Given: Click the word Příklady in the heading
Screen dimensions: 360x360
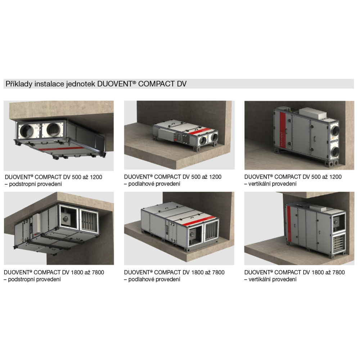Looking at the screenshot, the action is pos(19,84).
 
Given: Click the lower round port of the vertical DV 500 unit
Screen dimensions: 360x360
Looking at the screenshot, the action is pos(335,152).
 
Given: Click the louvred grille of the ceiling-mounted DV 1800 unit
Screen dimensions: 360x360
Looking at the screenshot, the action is pos(89,221).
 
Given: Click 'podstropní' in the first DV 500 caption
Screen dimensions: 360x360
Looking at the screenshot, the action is pos(23,184).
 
